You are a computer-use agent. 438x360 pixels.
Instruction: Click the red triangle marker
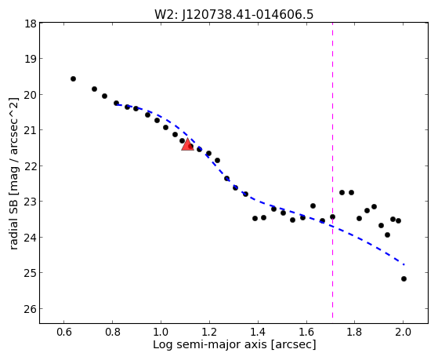187,144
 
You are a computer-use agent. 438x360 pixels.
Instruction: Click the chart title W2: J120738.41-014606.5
233,15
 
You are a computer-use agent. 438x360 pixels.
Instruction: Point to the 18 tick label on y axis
31,24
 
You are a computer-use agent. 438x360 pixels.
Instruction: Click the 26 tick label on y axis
31,309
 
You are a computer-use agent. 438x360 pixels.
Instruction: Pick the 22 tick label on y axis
31,166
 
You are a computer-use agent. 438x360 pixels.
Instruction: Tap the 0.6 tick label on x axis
64,332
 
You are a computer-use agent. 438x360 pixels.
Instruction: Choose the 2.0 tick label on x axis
403,332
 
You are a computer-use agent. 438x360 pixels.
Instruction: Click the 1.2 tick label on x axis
209,332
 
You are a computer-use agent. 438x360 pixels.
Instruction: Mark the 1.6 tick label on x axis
306,332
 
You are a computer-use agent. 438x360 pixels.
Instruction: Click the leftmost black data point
73,79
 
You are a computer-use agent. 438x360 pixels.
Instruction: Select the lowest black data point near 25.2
404,279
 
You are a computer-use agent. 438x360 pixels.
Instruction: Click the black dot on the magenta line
332,216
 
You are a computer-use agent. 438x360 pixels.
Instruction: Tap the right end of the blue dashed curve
404,264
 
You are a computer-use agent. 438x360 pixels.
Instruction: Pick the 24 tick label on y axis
31,238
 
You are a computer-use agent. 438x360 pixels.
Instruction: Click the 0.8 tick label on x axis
113,332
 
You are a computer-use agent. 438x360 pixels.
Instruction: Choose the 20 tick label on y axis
31,95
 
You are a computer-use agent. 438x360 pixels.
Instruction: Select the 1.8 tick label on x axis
355,332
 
